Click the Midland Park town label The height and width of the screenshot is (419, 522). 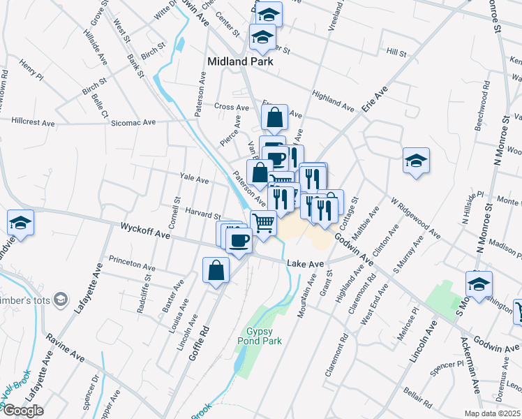point(239,61)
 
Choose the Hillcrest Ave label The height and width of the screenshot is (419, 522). point(33,122)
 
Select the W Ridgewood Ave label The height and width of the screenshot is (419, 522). point(415,216)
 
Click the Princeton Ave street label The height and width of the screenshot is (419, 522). point(132,267)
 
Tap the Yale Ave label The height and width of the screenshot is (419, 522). point(194,179)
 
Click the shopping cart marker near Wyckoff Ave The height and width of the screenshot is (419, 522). point(263,224)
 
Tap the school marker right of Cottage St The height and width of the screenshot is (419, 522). point(415,161)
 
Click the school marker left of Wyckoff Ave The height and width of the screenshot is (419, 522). point(20,223)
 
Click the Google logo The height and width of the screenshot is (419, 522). point(23,411)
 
